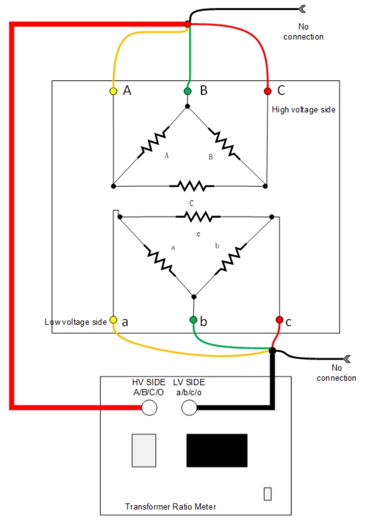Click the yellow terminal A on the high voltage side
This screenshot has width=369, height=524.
[x=113, y=91]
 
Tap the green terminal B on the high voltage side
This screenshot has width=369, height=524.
[x=188, y=91]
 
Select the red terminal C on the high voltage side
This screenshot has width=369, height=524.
[x=267, y=91]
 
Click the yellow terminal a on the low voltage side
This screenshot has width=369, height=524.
[x=113, y=320]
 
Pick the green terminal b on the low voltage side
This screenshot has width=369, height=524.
[x=193, y=320]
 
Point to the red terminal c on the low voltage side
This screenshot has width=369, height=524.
[x=279, y=320]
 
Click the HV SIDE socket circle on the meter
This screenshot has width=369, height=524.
[x=149, y=408]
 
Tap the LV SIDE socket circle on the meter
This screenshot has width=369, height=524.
[x=189, y=408]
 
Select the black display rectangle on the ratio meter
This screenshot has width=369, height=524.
[x=217, y=450]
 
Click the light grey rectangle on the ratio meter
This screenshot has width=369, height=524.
[x=144, y=450]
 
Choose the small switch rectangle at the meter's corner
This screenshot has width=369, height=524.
[x=268, y=494]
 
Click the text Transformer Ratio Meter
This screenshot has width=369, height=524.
[x=170, y=507]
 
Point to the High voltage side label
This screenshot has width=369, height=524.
[x=303, y=109]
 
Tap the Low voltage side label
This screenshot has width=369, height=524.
[x=76, y=322]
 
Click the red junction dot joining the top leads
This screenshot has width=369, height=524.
[x=188, y=24]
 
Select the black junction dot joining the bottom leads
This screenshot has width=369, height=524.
[x=273, y=350]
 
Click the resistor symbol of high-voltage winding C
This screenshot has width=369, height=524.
[x=191, y=186]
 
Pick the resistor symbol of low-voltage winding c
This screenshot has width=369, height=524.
[x=198, y=217]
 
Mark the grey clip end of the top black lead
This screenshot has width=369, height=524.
[x=302, y=9]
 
